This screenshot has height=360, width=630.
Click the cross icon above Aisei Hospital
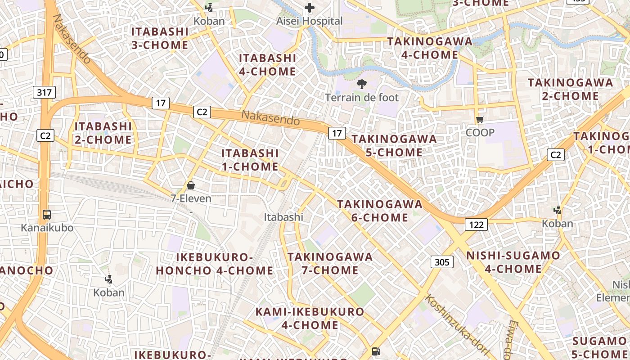[x=310, y=8]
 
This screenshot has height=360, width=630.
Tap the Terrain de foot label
[x=362, y=97]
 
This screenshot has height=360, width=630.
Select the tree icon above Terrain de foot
[x=361, y=84]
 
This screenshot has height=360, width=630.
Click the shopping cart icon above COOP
[x=480, y=119]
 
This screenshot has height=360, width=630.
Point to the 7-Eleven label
[x=191, y=198]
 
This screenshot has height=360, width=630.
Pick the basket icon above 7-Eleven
[x=191, y=185]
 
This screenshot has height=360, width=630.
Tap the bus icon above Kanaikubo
[x=47, y=215]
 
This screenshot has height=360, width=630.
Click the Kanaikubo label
[x=47, y=228]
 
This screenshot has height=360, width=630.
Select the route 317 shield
[x=44, y=93]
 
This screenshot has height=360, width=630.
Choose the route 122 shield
[x=476, y=224]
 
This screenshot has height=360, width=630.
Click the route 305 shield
[x=442, y=262]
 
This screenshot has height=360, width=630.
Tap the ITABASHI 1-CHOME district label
[x=250, y=160]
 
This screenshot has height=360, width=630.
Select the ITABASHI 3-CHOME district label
[x=160, y=38]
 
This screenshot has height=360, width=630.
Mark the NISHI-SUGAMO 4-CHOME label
[x=513, y=262]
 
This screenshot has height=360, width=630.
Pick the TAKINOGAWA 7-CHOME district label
[x=330, y=264]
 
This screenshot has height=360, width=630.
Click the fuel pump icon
[x=376, y=351]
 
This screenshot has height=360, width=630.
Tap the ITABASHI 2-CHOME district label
[x=103, y=133]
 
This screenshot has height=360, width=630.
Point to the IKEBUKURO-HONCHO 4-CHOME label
[x=214, y=264]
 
